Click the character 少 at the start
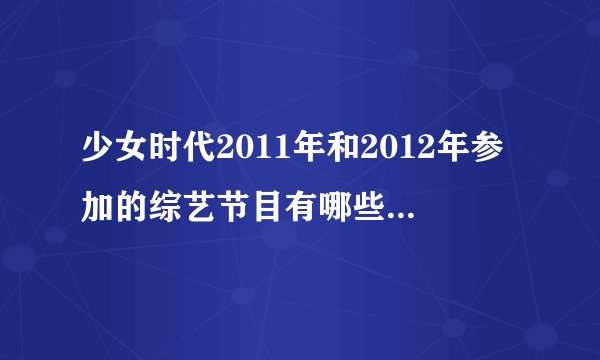(x=100, y=157)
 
